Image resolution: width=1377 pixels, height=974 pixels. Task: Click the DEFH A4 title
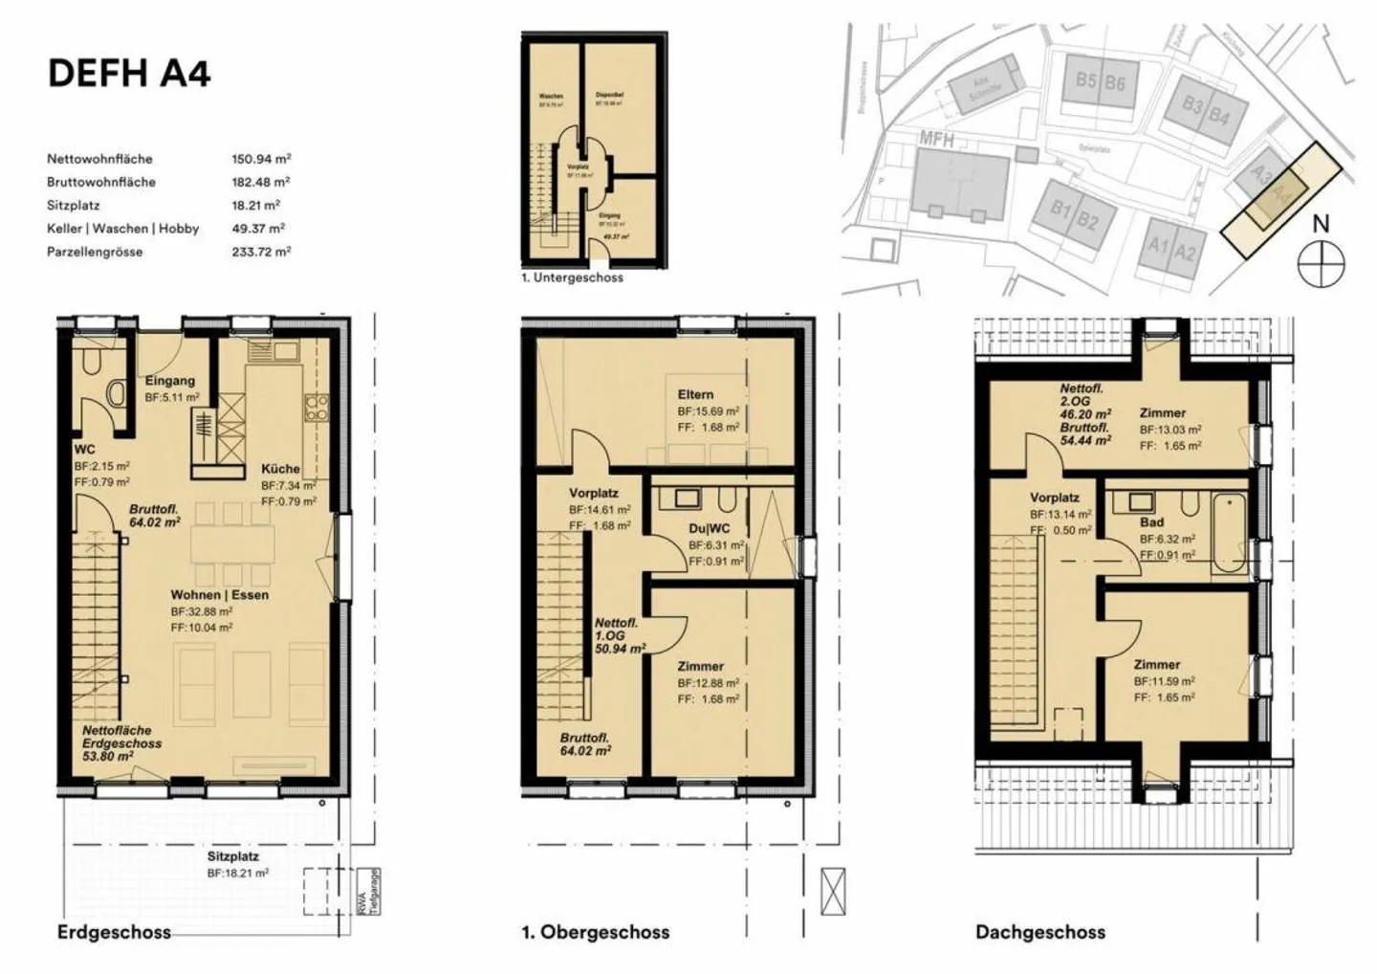tap(128, 73)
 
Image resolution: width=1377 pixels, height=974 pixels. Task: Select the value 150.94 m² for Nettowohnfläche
tap(260, 159)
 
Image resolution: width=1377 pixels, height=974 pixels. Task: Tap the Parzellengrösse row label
tap(95, 252)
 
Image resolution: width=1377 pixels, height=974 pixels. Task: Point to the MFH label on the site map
tap(936, 139)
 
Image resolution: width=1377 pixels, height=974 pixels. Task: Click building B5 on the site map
tap(1085, 81)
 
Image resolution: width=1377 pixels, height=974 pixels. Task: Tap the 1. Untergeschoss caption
tap(572, 277)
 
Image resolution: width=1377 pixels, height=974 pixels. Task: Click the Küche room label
tap(280, 469)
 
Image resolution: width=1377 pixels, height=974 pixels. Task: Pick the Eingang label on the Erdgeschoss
tap(170, 380)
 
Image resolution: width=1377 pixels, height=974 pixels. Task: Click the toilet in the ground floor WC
tap(117, 393)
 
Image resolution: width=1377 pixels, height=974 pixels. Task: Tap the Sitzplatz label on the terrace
tap(233, 856)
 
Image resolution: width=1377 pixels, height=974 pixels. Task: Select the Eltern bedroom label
tap(695, 394)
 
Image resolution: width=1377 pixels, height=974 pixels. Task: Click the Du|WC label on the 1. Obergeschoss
tap(710, 529)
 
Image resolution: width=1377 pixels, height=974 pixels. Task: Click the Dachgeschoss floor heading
tap(1039, 932)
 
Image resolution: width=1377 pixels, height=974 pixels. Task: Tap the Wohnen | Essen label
tap(219, 594)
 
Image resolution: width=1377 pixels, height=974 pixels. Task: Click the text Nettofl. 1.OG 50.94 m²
tap(619, 635)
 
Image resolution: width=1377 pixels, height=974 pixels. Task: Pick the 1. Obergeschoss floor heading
tap(595, 932)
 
